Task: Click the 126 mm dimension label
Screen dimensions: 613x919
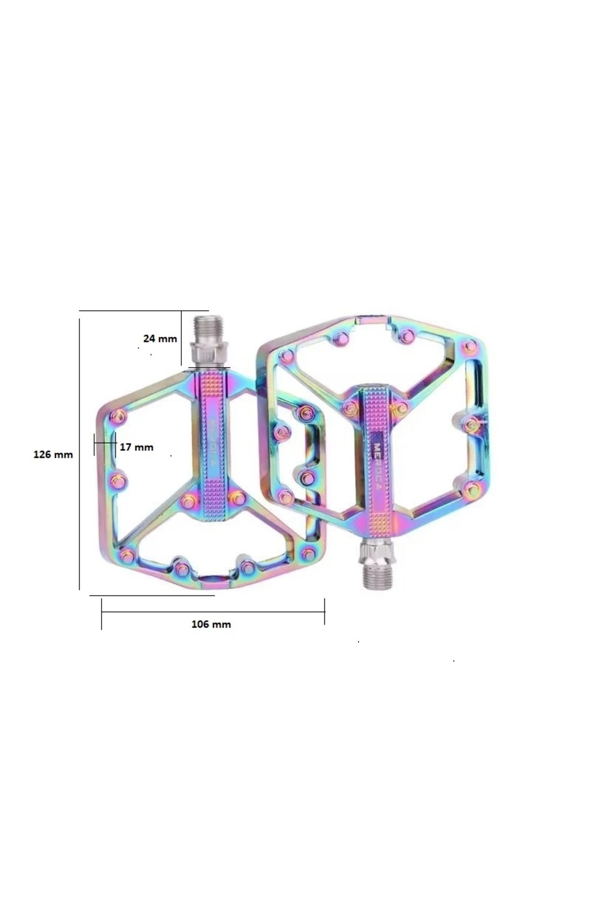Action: click(x=53, y=454)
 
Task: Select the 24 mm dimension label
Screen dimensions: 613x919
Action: click(x=160, y=338)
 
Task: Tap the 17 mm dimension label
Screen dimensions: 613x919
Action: click(x=136, y=447)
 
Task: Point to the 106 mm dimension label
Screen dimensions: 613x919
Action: click(x=211, y=624)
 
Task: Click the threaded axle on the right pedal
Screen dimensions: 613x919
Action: click(x=376, y=578)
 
